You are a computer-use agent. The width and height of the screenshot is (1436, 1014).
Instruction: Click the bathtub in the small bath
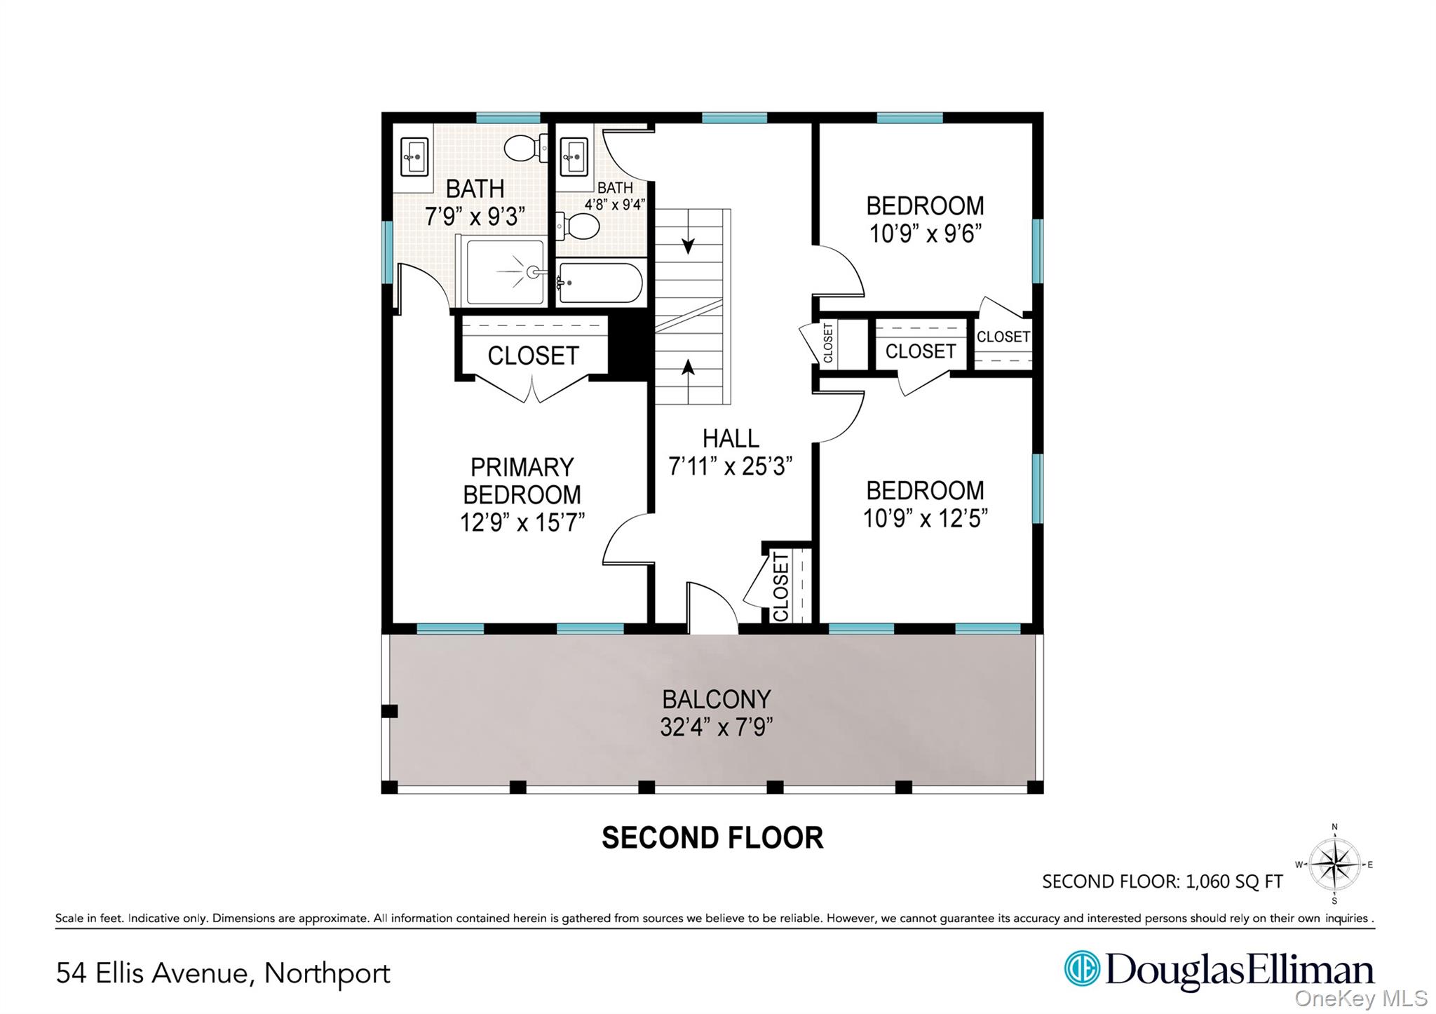pyautogui.click(x=600, y=283)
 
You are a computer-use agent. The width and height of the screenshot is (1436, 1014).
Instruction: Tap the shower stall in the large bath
pyautogui.click(x=502, y=271)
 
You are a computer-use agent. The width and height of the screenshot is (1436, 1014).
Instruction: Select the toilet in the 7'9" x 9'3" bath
pyautogui.click(x=525, y=148)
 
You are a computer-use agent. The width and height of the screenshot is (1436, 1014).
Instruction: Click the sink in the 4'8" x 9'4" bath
pyautogui.click(x=574, y=156)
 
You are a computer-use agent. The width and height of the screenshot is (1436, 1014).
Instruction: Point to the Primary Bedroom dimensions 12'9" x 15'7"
pyautogui.click(x=522, y=522)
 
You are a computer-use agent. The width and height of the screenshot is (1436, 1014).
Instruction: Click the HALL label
pyautogui.click(x=731, y=438)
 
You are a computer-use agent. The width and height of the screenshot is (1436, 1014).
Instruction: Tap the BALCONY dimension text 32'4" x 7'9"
pyautogui.click(x=716, y=727)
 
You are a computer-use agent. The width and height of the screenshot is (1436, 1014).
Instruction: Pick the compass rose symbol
pyautogui.click(x=1334, y=865)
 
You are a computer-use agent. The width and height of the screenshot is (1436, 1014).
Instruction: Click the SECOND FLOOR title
pyautogui.click(x=712, y=838)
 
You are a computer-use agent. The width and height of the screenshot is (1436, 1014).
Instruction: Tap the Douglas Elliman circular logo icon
pyautogui.click(x=1082, y=969)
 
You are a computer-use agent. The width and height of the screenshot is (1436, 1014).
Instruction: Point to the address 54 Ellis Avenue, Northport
pyautogui.click(x=223, y=973)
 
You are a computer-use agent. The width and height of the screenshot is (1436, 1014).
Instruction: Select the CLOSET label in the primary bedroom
pyautogui.click(x=533, y=356)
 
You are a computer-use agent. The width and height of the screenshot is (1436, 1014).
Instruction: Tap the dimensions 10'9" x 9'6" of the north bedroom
pyautogui.click(x=926, y=234)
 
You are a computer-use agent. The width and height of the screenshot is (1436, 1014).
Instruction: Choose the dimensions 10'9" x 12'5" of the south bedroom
pyautogui.click(x=926, y=518)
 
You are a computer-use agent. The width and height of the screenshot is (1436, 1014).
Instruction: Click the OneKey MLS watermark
pyautogui.click(x=1361, y=998)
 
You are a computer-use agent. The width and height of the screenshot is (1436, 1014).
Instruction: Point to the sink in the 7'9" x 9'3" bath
pyautogui.click(x=414, y=156)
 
